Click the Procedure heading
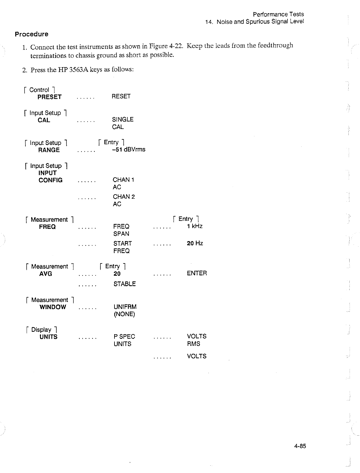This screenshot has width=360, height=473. click(x=32, y=34)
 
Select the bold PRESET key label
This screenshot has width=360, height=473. click(x=50, y=97)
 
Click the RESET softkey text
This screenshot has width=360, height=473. click(x=121, y=96)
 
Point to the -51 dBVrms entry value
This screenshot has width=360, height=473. click(x=129, y=149)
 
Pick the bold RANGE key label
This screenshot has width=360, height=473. click(x=49, y=150)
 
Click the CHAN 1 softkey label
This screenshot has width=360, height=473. click(x=124, y=180)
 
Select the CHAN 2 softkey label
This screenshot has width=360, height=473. click(x=124, y=197)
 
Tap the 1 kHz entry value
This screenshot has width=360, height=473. click(x=195, y=226)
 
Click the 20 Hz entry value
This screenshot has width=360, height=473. click(x=195, y=243)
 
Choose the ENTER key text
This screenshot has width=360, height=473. click(x=197, y=273)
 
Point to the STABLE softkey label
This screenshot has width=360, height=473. click(x=125, y=284)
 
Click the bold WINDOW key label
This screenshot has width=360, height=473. click(x=53, y=307)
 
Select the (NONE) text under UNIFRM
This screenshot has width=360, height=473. click(x=124, y=314)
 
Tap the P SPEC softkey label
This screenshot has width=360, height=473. click(x=124, y=336)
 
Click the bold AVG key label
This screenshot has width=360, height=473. click(x=46, y=274)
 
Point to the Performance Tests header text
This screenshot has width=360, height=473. click(x=278, y=14)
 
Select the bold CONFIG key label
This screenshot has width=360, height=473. click(x=51, y=180)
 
